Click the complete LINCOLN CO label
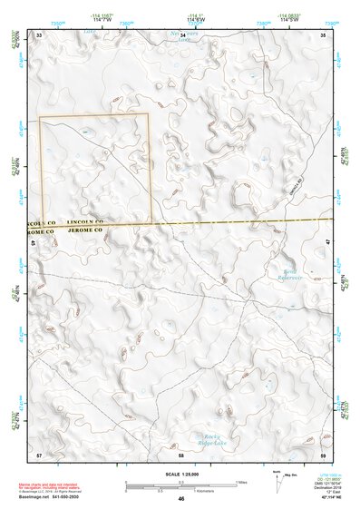tap(85, 221)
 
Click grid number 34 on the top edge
tap(183, 34)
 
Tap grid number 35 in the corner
tap(324, 34)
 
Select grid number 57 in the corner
tap(39, 453)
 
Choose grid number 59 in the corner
tap(324, 453)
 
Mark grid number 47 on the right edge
tap(327, 241)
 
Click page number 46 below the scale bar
tap(181, 499)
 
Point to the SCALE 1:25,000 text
tap(181, 472)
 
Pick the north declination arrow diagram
tap(277, 479)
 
